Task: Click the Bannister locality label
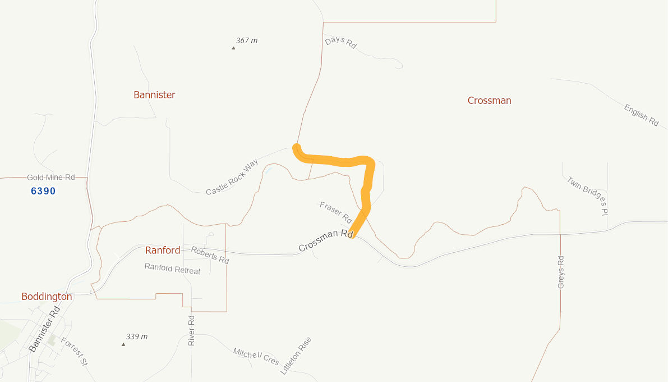[x=154, y=95]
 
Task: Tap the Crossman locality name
[x=489, y=101]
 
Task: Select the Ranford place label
[x=163, y=251]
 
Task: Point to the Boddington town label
[x=47, y=297]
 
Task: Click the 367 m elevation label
[x=247, y=40]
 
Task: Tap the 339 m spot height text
[x=137, y=336]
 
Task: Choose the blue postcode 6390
[x=43, y=191]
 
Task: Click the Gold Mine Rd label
[x=51, y=178]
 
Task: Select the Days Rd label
[x=340, y=42]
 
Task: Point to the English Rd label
[x=641, y=115]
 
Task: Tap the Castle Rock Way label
[x=232, y=178]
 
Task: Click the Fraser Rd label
[x=335, y=212]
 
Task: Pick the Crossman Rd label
[x=325, y=240]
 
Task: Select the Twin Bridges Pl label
[x=587, y=196]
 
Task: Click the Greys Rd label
[x=561, y=272]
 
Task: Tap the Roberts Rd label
[x=210, y=255]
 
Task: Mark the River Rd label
[x=191, y=330]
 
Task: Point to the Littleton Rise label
[x=296, y=356]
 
